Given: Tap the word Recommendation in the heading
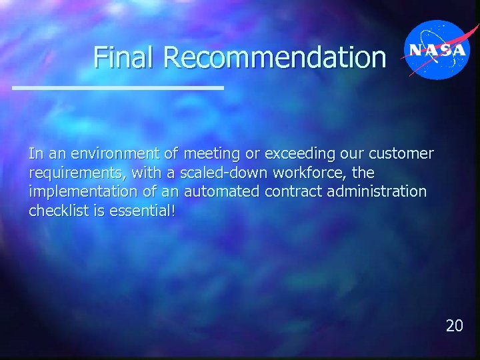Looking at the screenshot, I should (x=274, y=57).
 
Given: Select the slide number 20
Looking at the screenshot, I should (x=454, y=325).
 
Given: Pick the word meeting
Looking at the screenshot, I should (x=212, y=154).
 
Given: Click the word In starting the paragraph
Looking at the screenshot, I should (x=35, y=154).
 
